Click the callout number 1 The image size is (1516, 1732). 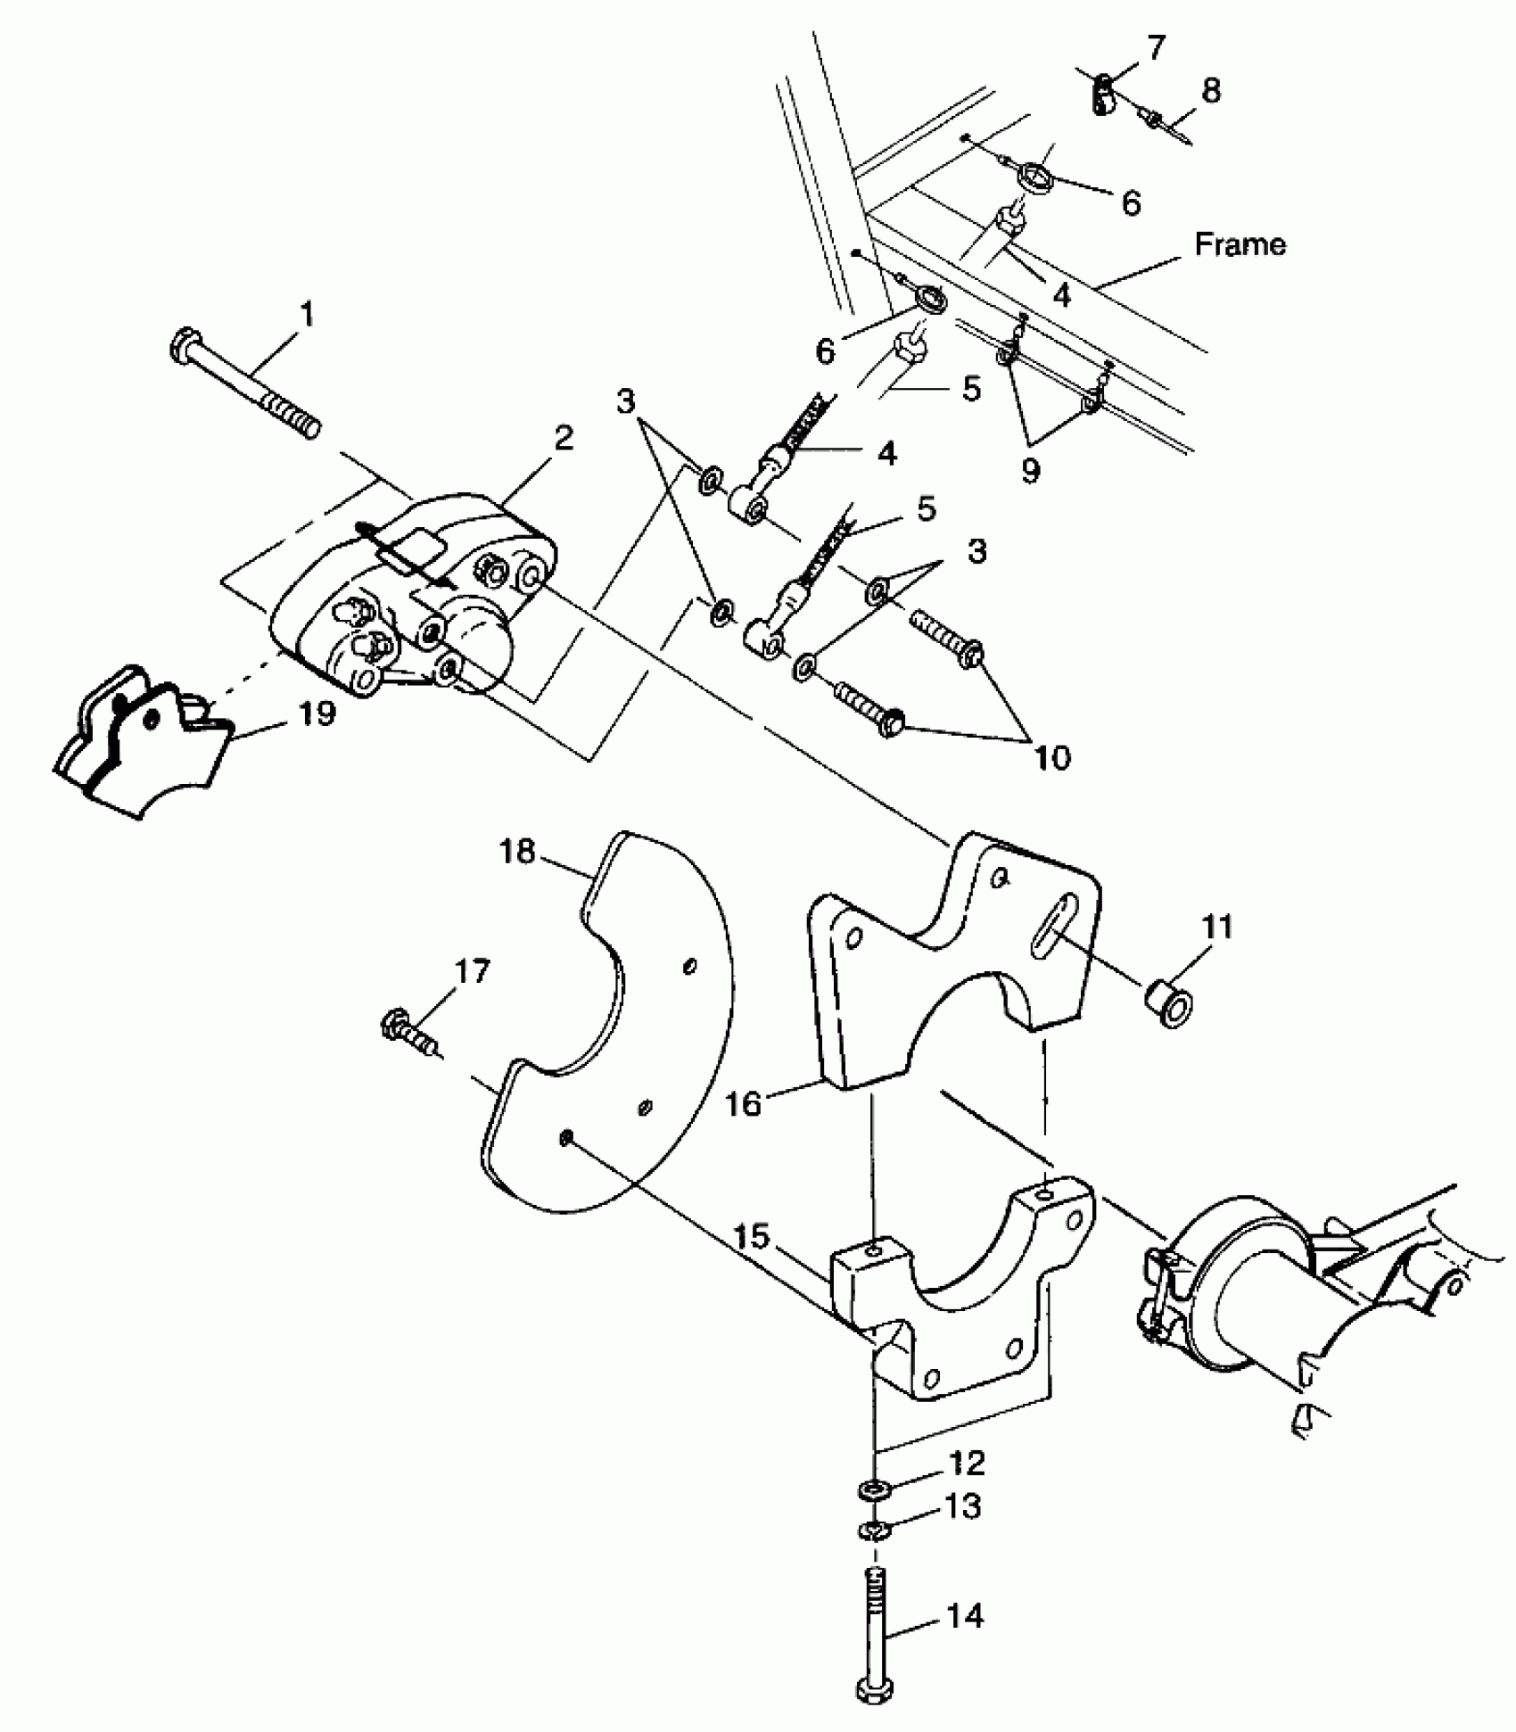tap(306, 315)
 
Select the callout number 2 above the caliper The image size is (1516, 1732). tap(563, 438)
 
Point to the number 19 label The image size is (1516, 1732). tap(317, 713)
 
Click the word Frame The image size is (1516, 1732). tap(1240, 244)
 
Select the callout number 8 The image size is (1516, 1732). tap(1210, 90)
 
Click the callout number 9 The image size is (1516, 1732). tap(1030, 470)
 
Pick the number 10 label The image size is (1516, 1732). tap(1051, 758)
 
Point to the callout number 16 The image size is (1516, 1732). tap(744, 1104)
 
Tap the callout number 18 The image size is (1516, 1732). tap(516, 853)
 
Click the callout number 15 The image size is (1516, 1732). tap(754, 1239)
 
